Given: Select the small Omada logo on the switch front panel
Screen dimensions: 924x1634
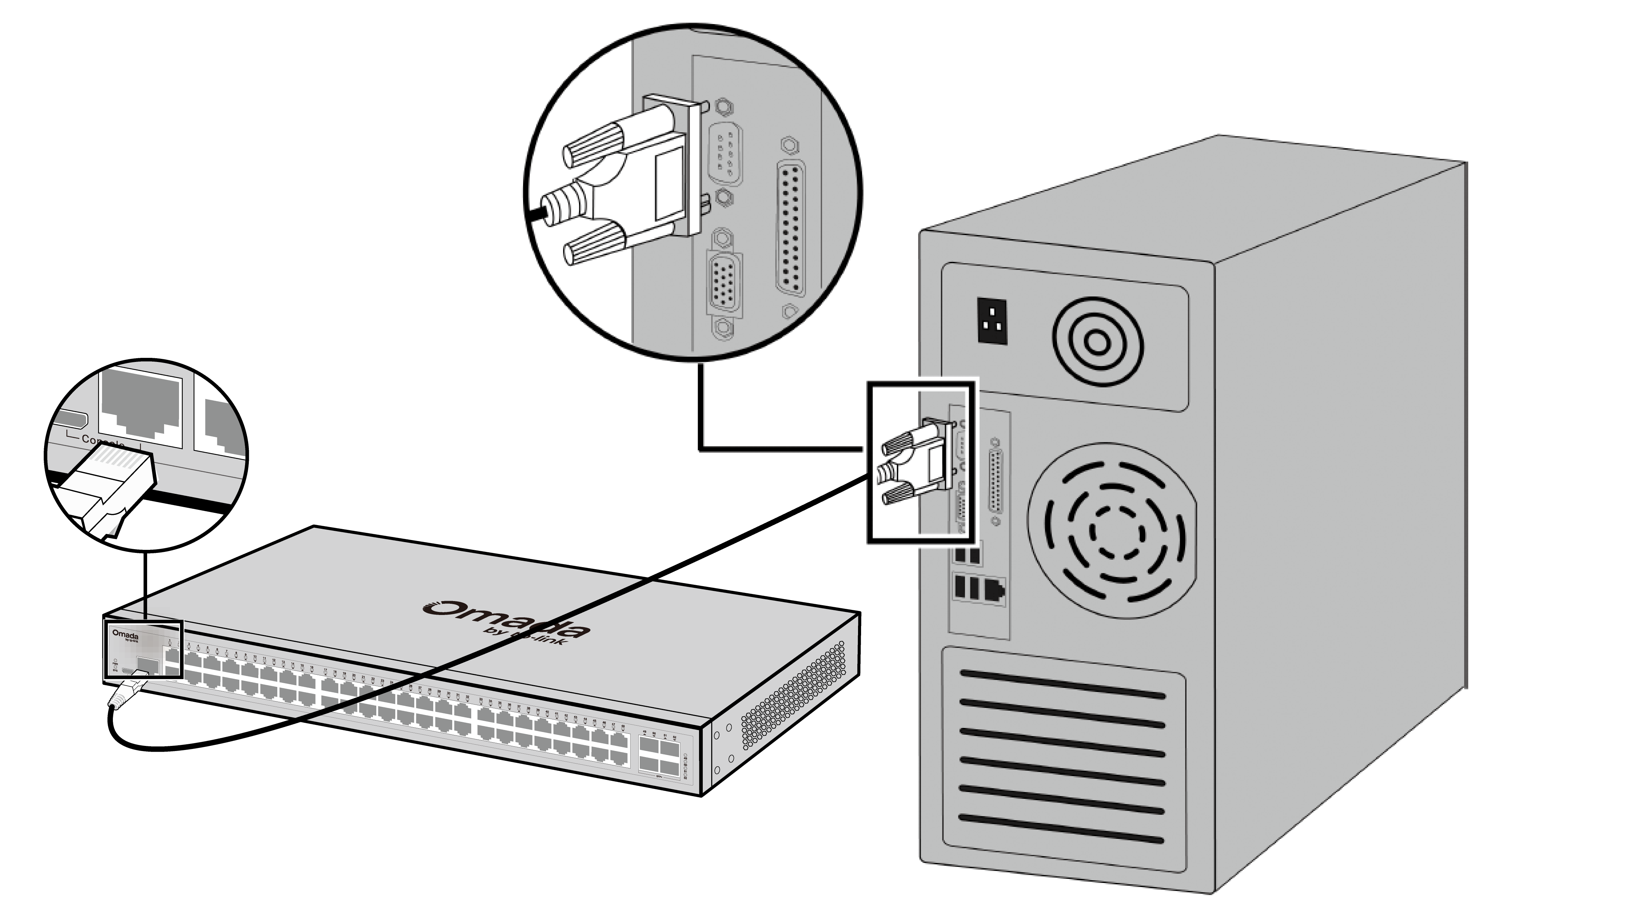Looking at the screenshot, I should coord(125,635).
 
